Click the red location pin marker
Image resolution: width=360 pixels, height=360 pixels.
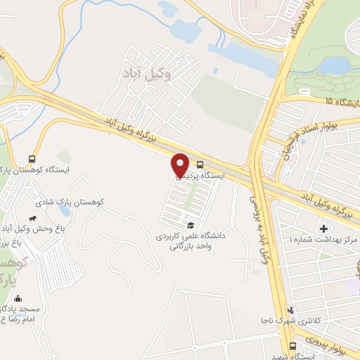[180, 165]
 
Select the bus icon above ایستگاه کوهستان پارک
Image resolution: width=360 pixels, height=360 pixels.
[31, 159]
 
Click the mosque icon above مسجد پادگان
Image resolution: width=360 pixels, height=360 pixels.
[20, 299]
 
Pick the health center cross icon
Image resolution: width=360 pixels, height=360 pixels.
[324, 229]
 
